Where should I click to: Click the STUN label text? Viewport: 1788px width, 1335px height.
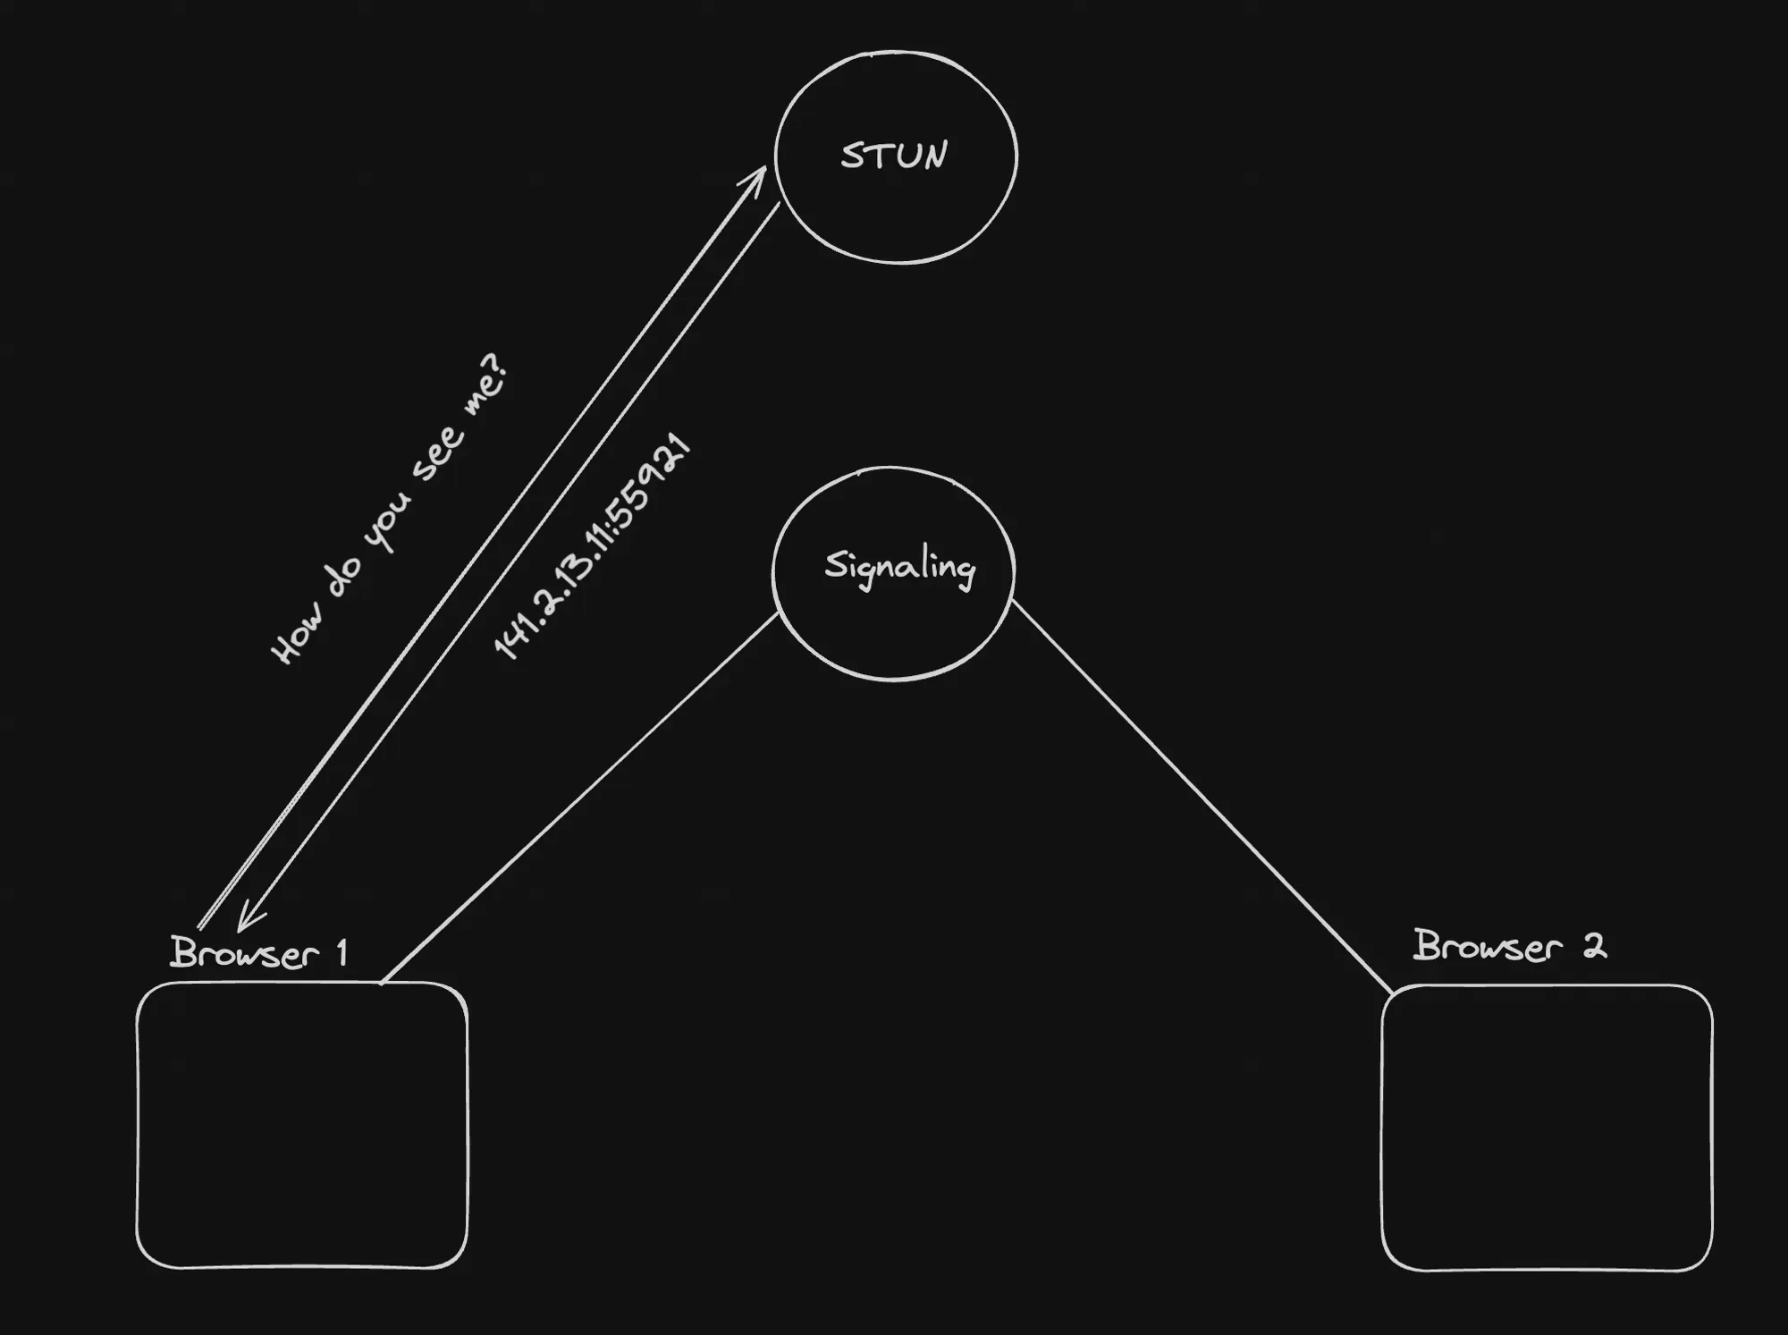click(894, 156)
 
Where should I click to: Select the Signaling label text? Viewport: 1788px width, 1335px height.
click(899, 568)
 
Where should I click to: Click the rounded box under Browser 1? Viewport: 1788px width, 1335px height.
click(301, 1125)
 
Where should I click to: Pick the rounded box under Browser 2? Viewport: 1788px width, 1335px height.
click(1547, 1128)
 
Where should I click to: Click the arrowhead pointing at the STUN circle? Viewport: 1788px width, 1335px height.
click(756, 176)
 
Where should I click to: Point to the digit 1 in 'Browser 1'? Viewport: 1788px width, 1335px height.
click(341, 953)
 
